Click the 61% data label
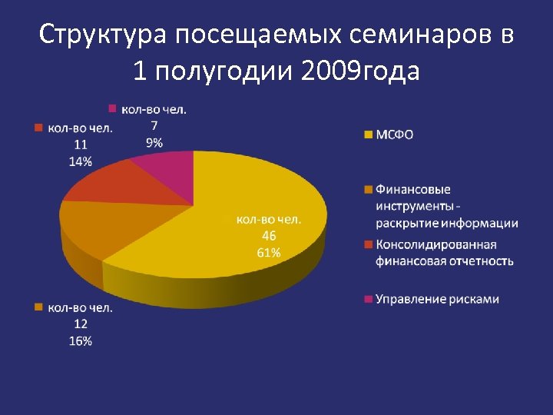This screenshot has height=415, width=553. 269,252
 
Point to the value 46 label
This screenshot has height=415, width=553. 269,236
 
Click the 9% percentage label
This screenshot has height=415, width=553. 154,141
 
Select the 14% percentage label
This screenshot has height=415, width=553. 81,161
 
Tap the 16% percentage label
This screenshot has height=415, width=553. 81,340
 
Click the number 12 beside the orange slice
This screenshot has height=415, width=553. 81,324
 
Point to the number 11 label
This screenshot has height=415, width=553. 81,144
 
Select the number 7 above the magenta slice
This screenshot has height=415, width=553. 154,125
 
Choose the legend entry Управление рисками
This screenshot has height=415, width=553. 437,298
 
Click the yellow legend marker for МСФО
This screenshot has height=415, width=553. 368,134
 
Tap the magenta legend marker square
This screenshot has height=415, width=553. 368,298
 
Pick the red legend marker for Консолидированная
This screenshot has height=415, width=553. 368,244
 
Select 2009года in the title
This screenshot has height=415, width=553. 361,71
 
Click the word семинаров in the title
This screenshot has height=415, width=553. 409,35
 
